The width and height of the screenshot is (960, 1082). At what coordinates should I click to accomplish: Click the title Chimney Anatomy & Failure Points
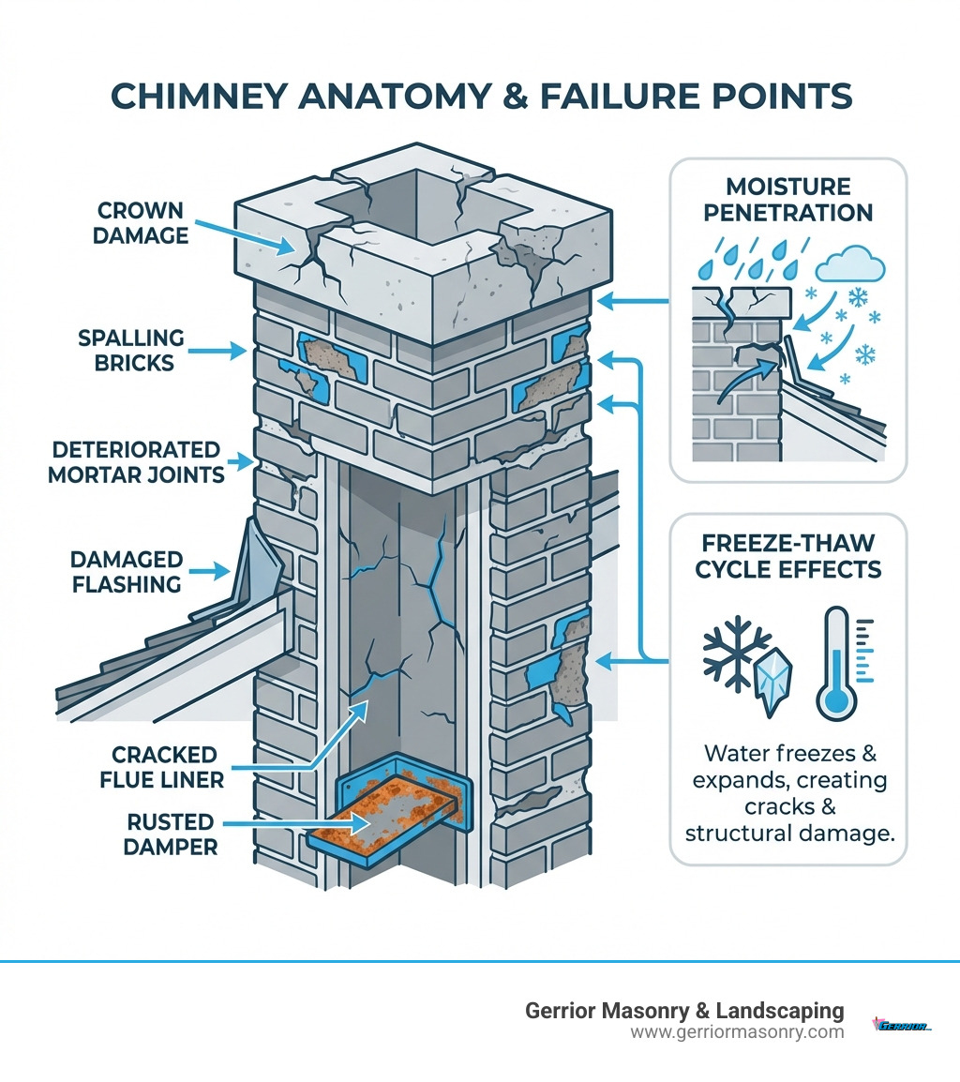click(x=479, y=97)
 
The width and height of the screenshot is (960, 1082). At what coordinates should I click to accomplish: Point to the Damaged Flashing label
click(x=126, y=572)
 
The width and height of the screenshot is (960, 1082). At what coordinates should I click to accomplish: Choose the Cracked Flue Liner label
click(x=164, y=767)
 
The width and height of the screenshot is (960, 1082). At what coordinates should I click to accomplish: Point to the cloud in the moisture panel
click(x=849, y=264)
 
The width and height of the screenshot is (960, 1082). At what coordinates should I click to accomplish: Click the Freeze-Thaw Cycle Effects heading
click(x=787, y=556)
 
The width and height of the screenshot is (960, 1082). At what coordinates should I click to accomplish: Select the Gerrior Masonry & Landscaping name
click(x=683, y=1011)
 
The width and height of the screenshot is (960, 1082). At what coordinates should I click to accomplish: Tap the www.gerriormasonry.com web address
click(x=737, y=1032)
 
